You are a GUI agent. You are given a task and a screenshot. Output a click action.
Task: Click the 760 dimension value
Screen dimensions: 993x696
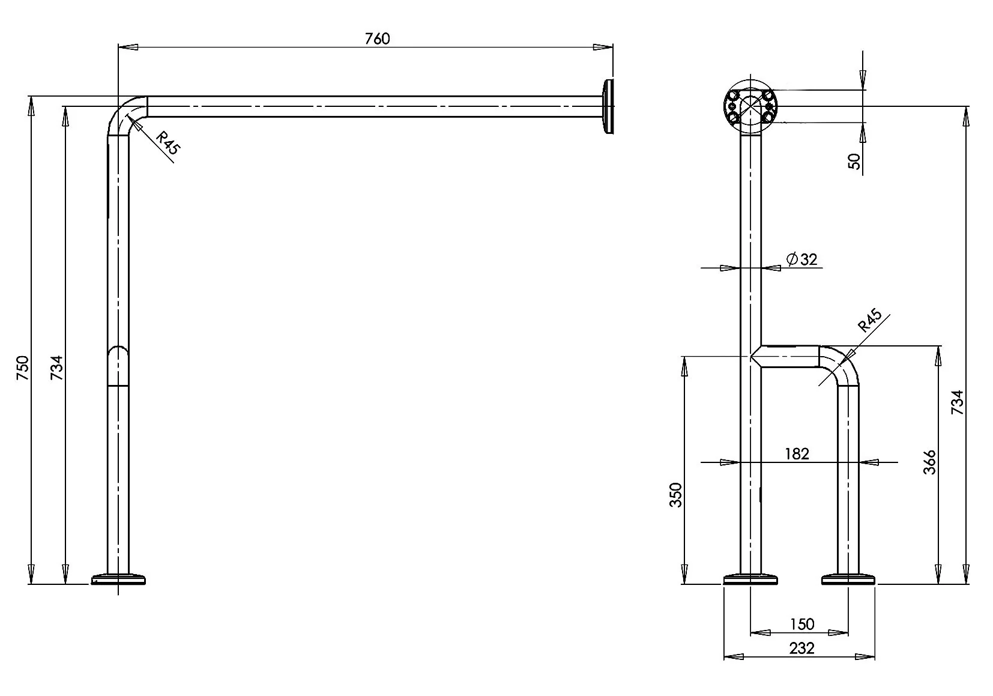point(377,39)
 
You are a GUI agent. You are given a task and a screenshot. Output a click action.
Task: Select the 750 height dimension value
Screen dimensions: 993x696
point(23,368)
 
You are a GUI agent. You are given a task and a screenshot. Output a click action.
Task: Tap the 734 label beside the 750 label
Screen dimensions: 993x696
point(57,368)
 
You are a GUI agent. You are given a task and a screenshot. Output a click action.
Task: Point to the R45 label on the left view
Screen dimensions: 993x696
point(169,142)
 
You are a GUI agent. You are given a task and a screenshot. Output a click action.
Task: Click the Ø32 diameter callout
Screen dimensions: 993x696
point(801,259)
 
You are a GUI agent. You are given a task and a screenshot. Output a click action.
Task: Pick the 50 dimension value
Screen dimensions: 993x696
point(854,161)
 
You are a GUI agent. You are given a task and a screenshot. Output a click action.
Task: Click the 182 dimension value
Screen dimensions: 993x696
point(797,454)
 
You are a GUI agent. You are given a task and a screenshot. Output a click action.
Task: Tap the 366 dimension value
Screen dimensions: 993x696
point(929,462)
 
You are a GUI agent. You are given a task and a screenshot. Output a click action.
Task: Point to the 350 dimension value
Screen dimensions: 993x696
point(675,495)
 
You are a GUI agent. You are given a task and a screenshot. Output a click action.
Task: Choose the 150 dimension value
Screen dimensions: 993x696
point(802,625)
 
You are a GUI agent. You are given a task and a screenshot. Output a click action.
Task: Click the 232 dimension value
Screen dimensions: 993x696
point(802,649)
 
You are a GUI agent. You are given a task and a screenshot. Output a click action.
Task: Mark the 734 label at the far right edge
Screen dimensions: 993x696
point(958,402)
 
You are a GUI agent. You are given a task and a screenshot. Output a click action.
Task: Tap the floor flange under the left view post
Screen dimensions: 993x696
point(118,579)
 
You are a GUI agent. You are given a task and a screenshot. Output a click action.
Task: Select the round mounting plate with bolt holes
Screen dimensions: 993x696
point(750,106)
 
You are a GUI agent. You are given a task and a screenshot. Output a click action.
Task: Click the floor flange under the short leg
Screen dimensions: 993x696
point(848,579)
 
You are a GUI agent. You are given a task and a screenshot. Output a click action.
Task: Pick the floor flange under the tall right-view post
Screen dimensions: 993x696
point(750,579)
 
